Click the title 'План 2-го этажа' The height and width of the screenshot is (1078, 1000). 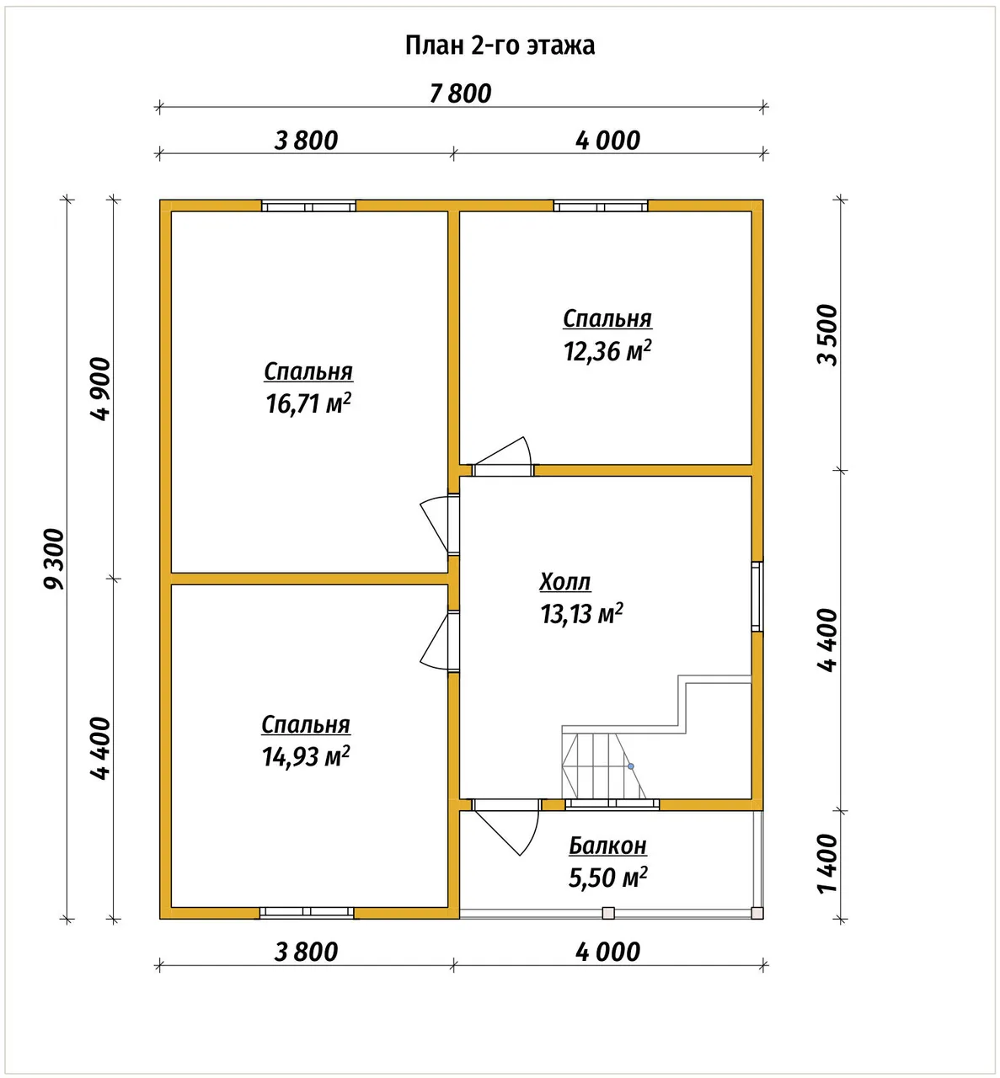point(500,45)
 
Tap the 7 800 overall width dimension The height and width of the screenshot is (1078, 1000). point(461,94)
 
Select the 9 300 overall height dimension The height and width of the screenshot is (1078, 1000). point(54,558)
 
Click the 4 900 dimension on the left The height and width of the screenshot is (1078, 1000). point(100,388)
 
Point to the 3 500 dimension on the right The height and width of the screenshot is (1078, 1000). point(828,335)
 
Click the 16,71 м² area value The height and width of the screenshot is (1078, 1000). point(308,404)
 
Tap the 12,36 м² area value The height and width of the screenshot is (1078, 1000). point(607,351)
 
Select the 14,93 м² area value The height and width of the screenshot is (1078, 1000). point(306,756)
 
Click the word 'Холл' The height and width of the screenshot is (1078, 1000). point(565,582)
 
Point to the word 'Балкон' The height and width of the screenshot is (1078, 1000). point(607,846)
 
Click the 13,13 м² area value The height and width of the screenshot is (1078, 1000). point(581,614)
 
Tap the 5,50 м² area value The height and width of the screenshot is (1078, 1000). point(607,878)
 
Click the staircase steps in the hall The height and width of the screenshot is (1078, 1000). point(604,766)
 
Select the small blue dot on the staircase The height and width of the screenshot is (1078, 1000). point(631,766)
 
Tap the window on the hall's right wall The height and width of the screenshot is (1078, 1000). point(757,596)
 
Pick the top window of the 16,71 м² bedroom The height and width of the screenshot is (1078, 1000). point(308,205)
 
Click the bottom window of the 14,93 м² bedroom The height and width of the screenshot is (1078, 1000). point(307,913)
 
